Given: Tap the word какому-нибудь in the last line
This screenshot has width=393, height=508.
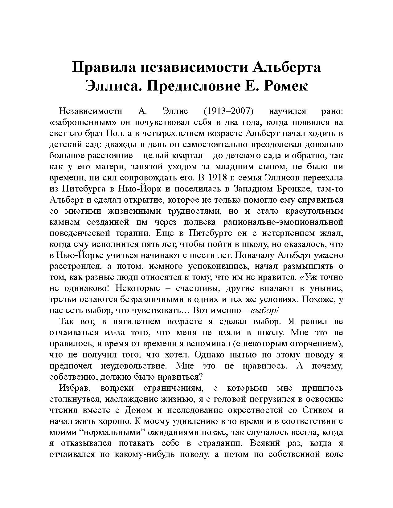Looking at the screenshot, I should pos(142,455).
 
